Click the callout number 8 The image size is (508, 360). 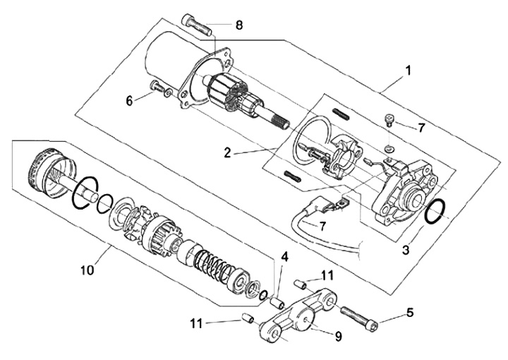pos(239,25)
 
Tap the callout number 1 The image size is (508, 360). pos(408,71)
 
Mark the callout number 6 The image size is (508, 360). pos(129,101)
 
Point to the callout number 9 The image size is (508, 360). pos(338,337)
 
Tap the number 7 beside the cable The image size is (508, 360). pos(322,227)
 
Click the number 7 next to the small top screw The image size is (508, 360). pos(421,128)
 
